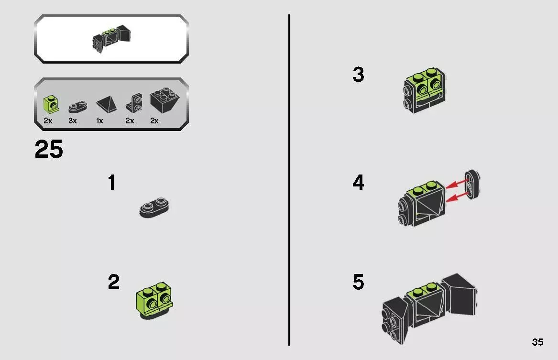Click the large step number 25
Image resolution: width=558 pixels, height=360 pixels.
[49, 150]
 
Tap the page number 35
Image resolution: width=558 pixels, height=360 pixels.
[537, 342]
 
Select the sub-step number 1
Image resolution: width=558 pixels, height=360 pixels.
[111, 183]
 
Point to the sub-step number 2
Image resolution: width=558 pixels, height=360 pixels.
[113, 282]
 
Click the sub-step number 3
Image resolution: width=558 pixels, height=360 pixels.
[358, 75]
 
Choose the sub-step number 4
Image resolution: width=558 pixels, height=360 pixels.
[358, 183]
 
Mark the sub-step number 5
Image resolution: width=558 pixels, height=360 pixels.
[358, 282]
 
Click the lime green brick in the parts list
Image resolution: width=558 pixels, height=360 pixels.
[50, 102]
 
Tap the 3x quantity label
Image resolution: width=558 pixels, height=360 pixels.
[73, 121]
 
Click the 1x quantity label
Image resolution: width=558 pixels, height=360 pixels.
[99, 121]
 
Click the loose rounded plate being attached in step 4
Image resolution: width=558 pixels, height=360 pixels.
[472, 184]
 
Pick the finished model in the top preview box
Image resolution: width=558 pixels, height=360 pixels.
[111, 38]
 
